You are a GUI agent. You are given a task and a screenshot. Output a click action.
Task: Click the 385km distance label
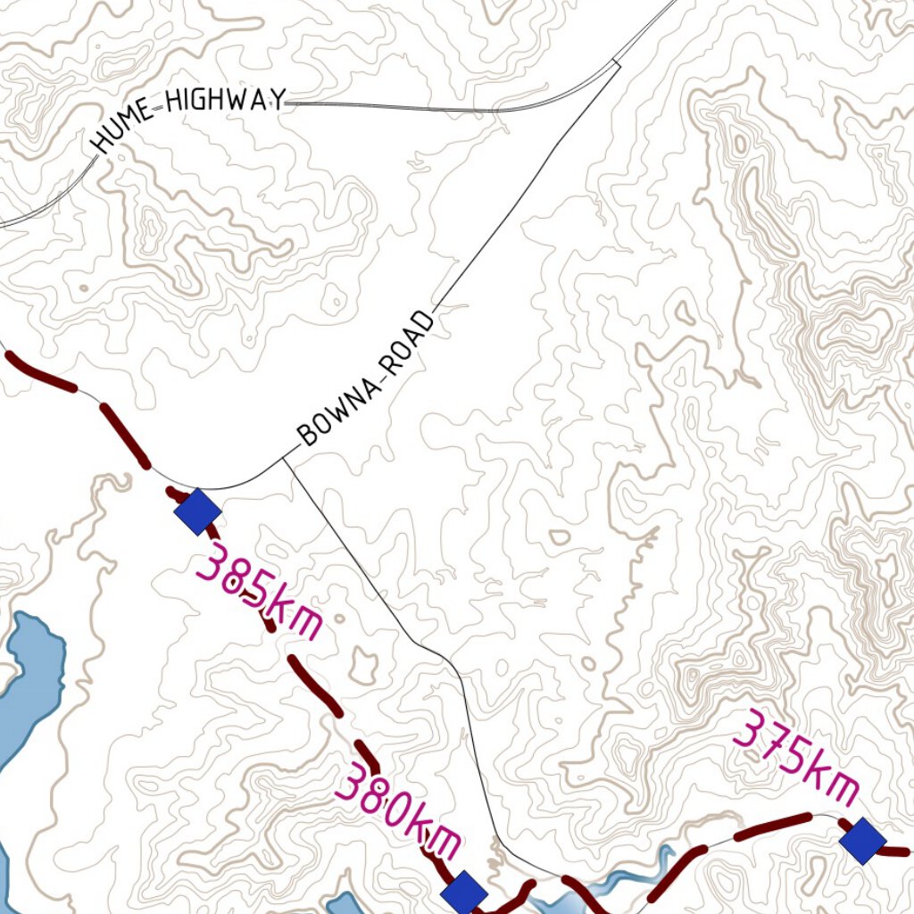coord(259,594)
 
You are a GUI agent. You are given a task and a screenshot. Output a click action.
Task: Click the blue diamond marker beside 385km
coord(197,511)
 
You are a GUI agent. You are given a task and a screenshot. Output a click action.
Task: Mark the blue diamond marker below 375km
coord(862,841)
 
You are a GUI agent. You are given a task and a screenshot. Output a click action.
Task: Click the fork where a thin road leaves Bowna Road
coord(285,459)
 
